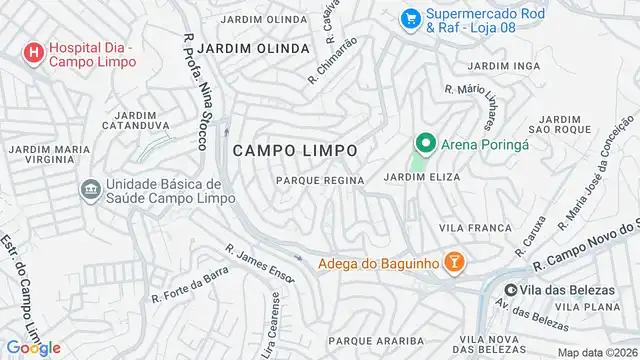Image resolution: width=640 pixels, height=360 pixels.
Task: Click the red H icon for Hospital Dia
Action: click(33, 52)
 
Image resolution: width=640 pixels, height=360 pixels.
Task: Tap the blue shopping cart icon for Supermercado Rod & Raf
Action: click(409, 19)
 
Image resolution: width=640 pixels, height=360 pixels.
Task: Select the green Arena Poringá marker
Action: click(425, 145)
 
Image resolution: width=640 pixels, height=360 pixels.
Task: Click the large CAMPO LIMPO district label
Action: click(295, 150)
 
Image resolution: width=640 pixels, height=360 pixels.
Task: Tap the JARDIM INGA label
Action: click(504, 65)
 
